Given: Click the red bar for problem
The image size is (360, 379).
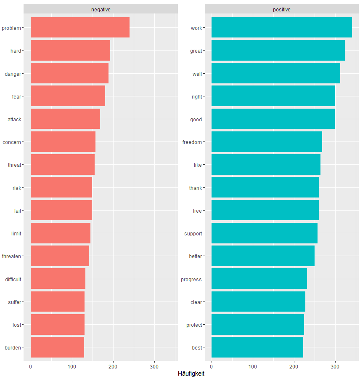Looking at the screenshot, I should click(80, 28).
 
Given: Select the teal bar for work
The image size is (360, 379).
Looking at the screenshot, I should click(281, 28).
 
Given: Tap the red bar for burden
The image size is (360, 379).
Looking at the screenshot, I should click(57, 347).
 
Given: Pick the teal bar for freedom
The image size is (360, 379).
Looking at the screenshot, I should click(267, 142).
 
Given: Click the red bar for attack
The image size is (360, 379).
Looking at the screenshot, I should click(65, 119).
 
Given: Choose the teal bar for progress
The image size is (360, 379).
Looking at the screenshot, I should click(259, 279).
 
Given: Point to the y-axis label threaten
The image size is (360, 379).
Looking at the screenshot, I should click(11, 256).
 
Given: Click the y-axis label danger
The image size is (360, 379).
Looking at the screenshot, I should click(13, 74).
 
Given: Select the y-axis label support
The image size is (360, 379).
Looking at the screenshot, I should click(193, 233).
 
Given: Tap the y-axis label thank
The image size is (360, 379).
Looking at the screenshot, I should click(196, 188).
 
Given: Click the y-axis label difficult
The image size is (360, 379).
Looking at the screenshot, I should click(13, 279).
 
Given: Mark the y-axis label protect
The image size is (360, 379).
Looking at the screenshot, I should click(194, 325).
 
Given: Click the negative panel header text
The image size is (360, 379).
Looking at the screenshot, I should click(101, 9).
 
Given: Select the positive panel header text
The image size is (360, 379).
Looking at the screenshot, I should click(281, 9).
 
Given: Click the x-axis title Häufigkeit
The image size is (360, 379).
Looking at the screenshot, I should click(191, 374).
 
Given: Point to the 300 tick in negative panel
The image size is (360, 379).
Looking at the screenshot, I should click(154, 364).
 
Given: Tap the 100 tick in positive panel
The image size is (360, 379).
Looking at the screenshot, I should click(253, 364).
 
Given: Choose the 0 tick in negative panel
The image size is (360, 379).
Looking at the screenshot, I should click(31, 364).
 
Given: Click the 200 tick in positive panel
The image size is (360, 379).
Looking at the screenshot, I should click(294, 364).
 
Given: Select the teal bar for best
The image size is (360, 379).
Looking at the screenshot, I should click(257, 347).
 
